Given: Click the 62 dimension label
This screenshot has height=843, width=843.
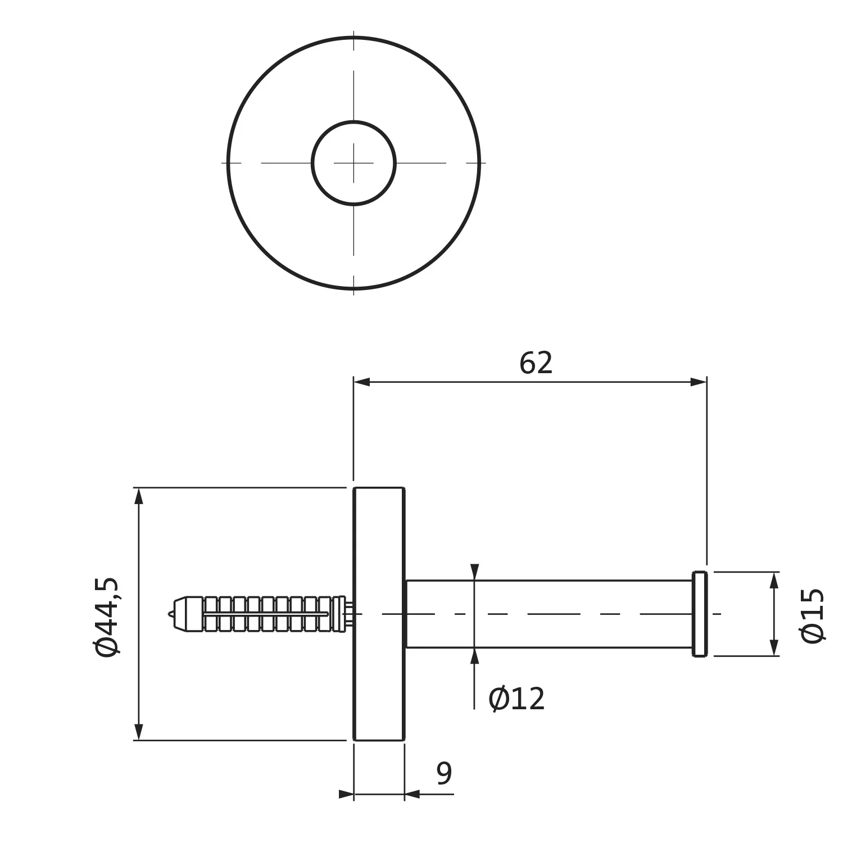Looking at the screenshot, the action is point(536,363).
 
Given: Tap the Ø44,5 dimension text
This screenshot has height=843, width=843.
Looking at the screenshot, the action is point(107,617).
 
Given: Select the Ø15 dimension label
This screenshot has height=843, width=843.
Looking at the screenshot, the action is point(812,615).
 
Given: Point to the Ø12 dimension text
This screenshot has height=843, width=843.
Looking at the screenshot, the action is point(516,699).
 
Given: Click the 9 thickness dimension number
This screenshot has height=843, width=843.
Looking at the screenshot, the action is point(444,774).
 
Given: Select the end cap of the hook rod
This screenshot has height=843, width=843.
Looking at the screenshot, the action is point(700,614).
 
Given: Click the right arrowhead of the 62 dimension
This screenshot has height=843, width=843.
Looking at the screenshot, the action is point(699,382).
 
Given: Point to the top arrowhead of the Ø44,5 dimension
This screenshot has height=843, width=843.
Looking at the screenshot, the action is point(139,496).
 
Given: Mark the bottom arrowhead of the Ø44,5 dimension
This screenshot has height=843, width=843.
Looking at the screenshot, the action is point(139,732).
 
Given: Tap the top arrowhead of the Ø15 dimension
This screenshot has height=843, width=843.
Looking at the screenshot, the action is point(774,580).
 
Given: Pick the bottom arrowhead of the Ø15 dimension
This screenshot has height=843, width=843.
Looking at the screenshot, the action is point(774,648).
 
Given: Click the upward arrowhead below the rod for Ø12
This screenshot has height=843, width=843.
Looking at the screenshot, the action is point(475,656).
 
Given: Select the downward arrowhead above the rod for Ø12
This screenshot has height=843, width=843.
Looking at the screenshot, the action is point(475,572).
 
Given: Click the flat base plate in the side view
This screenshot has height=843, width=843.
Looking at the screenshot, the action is point(379,614).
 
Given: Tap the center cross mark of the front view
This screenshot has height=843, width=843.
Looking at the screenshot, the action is point(353,163).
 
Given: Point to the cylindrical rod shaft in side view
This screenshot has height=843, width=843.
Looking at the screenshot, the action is point(549,614).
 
